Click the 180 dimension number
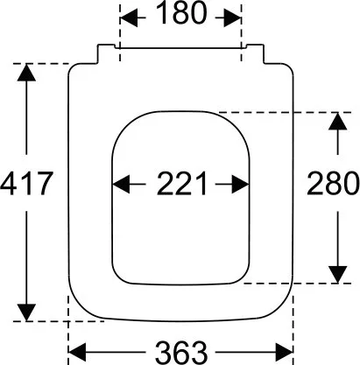[x=181, y=13]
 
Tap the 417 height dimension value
[x=26, y=183]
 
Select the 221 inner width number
[x=181, y=183]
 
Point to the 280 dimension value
[x=333, y=183]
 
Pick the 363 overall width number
[x=181, y=353]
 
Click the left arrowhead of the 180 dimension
[x=129, y=18]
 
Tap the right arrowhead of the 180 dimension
[x=233, y=18]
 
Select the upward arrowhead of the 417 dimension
[x=26, y=73]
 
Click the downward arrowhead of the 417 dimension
[x=26, y=312]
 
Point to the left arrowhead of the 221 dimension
[x=121, y=184]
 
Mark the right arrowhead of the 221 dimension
[x=241, y=184]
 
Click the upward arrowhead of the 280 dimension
[x=338, y=121]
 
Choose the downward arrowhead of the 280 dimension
[x=338, y=275]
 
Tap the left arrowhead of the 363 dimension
[x=77, y=353]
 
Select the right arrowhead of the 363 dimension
[x=285, y=353]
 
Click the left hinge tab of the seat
[x=106, y=53]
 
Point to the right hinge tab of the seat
[x=255, y=53]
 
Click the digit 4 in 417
[x=8, y=183]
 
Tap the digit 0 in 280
[x=350, y=183]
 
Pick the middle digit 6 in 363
[x=181, y=353]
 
